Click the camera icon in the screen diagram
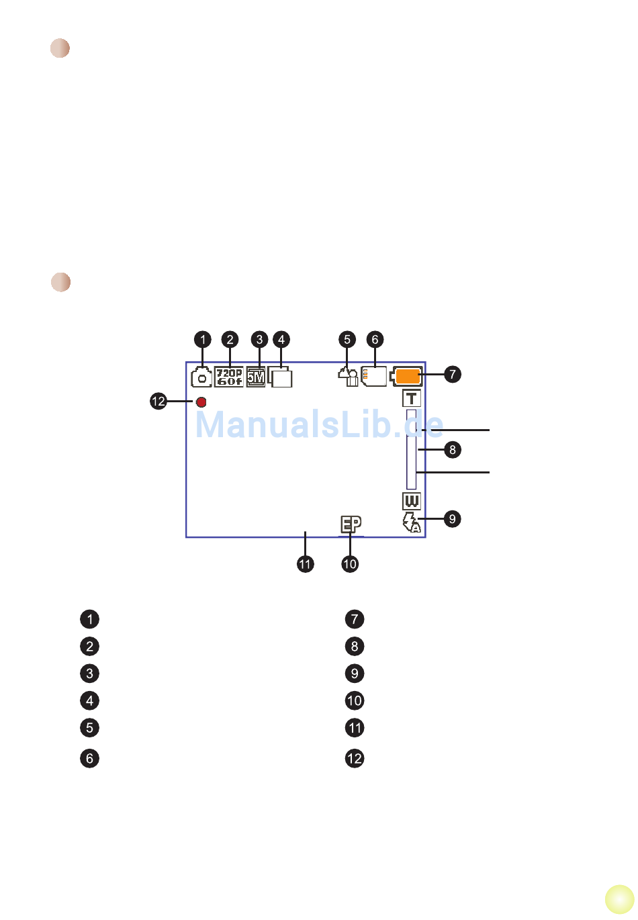coord(201,377)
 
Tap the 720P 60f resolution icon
coord(229,377)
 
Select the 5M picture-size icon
coord(256,377)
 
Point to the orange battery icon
coord(407,376)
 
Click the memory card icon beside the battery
coord(374,376)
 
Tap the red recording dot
coord(201,402)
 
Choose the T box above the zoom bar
coord(411,398)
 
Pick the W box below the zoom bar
coord(411,501)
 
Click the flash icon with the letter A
coord(411,522)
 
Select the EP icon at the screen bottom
coord(350,524)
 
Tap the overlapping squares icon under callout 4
coord(281,377)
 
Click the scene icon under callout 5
coord(347,377)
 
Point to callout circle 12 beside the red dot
coord(158,402)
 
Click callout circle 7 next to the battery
coord(453,374)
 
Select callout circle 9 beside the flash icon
coord(453,519)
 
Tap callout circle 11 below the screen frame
coord(306,564)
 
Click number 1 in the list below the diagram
coord(89,619)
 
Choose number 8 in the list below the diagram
coord(355,647)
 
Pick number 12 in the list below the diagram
coord(355,759)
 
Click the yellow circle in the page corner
coord(619,900)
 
